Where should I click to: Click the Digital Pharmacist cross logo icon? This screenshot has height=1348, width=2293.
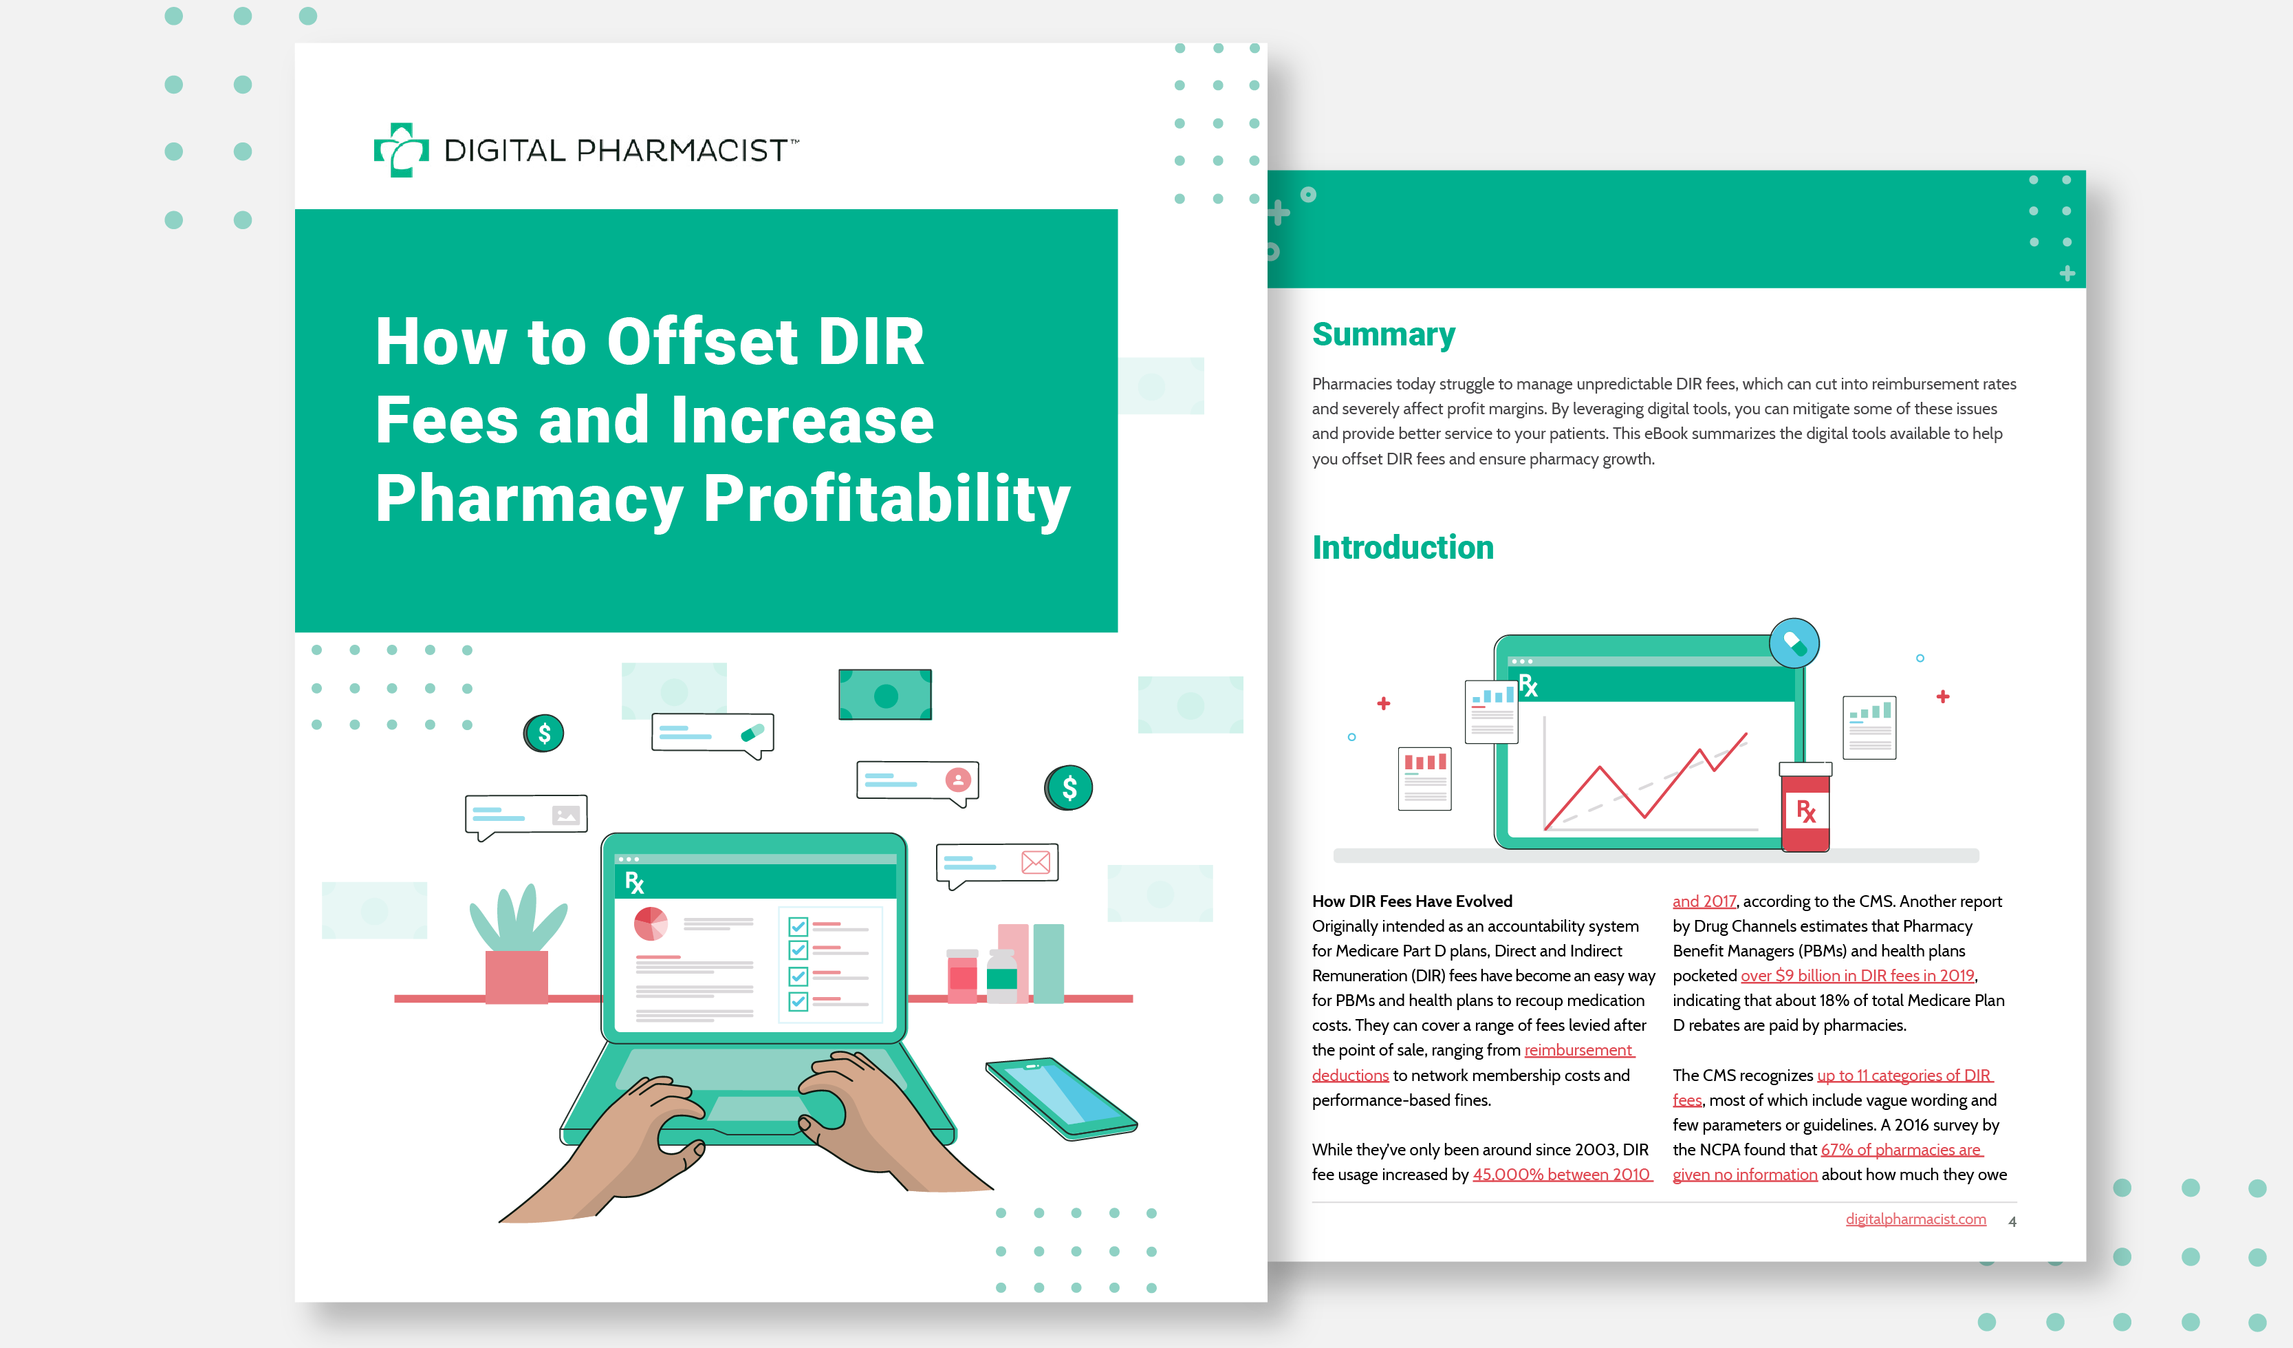401,149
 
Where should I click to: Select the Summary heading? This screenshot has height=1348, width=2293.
1383,335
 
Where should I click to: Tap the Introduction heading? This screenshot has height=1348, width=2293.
1402,547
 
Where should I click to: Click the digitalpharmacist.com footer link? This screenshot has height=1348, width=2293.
1915,1219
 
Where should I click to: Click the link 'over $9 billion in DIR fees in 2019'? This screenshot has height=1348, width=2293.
1857,975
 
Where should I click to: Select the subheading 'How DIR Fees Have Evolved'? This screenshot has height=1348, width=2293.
1411,901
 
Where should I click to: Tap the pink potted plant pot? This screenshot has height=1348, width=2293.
517,976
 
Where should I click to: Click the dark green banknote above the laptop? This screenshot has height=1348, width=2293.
885,694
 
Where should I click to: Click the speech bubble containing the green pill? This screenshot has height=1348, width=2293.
713,734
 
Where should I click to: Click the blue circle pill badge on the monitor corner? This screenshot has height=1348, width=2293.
1794,643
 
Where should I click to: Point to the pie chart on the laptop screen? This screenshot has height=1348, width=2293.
651,924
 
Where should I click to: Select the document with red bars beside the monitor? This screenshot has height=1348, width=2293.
1425,778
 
